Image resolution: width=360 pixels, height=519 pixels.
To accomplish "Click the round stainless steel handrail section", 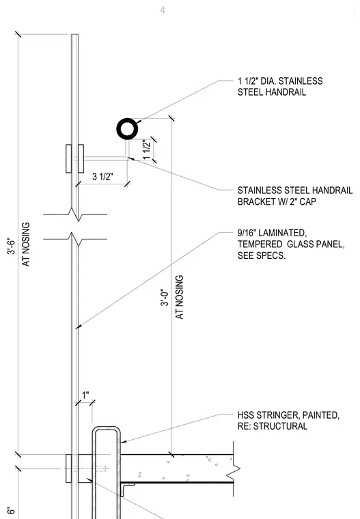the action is pos(127,123).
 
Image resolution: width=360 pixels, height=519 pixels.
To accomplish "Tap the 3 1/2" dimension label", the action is pos(102,176).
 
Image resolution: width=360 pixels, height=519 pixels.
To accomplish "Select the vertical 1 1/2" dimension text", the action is pos(147,150).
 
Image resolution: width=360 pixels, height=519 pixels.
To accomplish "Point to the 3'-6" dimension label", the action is pos(11,246).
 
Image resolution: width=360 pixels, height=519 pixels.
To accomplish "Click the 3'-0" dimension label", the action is pos(165,297).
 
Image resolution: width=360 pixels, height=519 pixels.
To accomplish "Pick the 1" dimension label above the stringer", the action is pos(85,395).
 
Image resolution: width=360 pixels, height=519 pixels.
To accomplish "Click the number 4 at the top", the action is pos(163,10).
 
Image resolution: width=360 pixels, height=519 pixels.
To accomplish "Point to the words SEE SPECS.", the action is pos(262,255).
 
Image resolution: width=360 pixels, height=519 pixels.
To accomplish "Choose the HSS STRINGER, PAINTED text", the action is pos(288,415).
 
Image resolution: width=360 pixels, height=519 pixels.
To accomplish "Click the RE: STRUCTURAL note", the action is pos(273,426).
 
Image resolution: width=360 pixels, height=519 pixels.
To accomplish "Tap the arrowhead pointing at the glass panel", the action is pos(78,327).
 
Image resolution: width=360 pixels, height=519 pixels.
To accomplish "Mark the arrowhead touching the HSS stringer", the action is pos(123,441).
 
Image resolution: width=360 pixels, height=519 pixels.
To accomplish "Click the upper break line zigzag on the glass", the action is pos(75,214).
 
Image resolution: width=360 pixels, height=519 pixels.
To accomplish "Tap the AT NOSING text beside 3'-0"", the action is pos(179,297).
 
